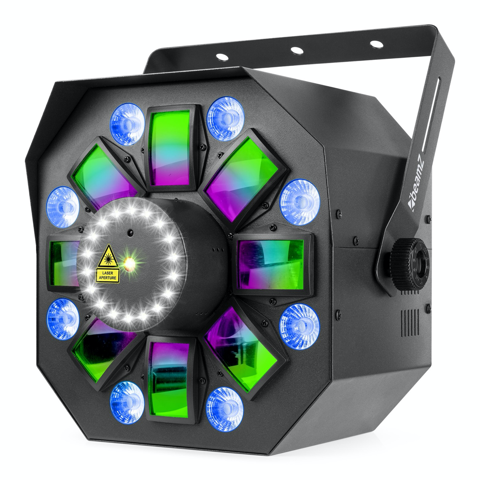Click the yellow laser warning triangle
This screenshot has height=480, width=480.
click(107, 261)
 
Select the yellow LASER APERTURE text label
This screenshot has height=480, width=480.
click(108, 276)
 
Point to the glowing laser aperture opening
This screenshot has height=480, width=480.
click(129, 264)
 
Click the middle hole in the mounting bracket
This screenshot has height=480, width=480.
click(297, 50)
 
